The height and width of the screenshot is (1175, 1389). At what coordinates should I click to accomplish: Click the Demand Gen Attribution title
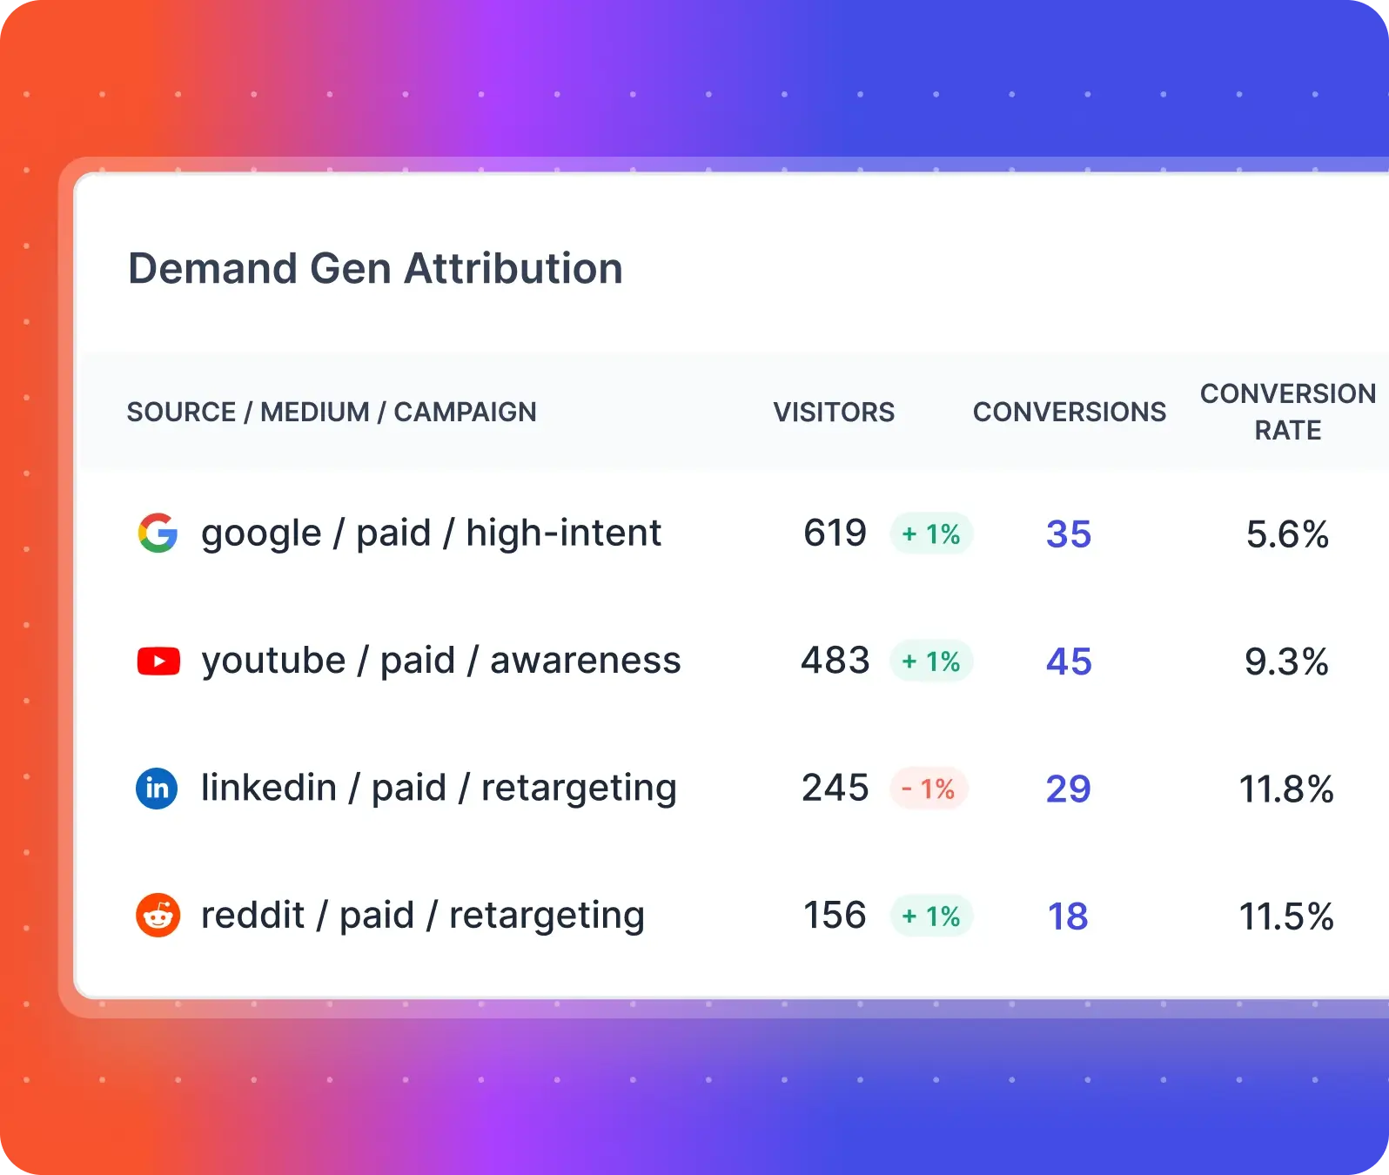pos(375,268)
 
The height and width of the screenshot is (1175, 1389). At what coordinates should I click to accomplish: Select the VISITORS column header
pos(834,412)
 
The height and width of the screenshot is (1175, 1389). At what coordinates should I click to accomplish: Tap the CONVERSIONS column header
pos(1069,412)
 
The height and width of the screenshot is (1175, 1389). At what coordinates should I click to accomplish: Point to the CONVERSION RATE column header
pos(1287,412)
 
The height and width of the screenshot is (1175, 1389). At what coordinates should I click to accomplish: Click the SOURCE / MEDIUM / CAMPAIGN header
pos(332,412)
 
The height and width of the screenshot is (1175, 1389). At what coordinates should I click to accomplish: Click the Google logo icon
pos(158,533)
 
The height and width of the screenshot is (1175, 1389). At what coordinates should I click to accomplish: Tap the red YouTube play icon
pos(158,661)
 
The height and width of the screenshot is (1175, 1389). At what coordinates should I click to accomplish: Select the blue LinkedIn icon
pos(157,789)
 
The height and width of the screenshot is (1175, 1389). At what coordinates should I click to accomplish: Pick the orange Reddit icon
pos(158,916)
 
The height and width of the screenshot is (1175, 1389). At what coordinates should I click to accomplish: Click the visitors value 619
pos(835,533)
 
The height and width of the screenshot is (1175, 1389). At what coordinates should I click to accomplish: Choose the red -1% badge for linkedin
pos(929,789)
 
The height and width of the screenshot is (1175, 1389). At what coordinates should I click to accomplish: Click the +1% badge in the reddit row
pos(930,916)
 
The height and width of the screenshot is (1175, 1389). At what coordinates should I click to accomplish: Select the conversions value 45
pos(1068,661)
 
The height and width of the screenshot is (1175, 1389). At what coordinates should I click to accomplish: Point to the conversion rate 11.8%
pos(1285,789)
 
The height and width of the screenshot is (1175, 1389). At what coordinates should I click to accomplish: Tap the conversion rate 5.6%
pos(1286,534)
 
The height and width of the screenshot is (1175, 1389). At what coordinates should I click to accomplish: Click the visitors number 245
pos(835,788)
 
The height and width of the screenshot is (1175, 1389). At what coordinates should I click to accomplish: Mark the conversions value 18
pos(1067,916)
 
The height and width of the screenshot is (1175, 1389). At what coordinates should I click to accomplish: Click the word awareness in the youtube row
pos(585,661)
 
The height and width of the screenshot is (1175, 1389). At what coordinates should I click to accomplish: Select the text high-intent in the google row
pos(563,533)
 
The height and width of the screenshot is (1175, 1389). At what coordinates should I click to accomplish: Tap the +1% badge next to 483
pos(930,661)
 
